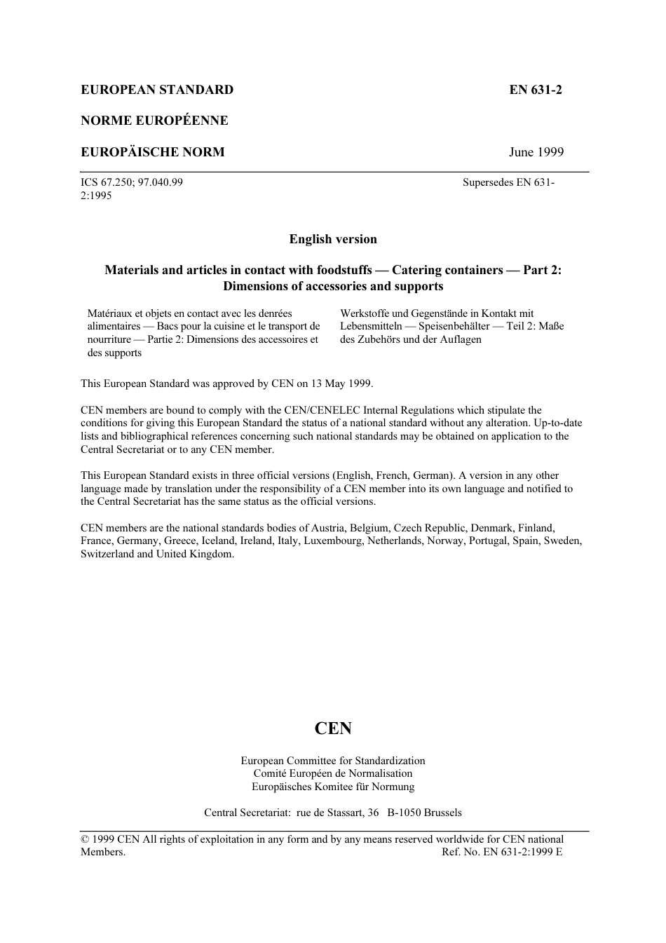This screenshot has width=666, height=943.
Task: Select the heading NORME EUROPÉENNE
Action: [x=154, y=121]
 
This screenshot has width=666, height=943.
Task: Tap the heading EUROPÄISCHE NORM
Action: [x=153, y=152]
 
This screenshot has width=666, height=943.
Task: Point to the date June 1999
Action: [x=536, y=152]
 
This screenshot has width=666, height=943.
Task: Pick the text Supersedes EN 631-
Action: [x=508, y=182]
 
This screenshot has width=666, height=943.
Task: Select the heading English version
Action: [x=333, y=239]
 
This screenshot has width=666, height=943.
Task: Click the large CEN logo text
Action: [x=333, y=728]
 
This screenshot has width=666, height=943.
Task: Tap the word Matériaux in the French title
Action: [x=109, y=313]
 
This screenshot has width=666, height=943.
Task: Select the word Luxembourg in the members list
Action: [x=333, y=541]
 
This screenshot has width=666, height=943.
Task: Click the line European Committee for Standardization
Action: [x=333, y=761]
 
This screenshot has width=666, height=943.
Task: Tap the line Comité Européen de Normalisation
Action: [x=333, y=773]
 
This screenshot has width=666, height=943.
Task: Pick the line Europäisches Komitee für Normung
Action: [x=333, y=787]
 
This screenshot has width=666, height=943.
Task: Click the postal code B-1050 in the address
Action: [x=404, y=813]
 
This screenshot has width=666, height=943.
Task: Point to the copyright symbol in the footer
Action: [x=85, y=839]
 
